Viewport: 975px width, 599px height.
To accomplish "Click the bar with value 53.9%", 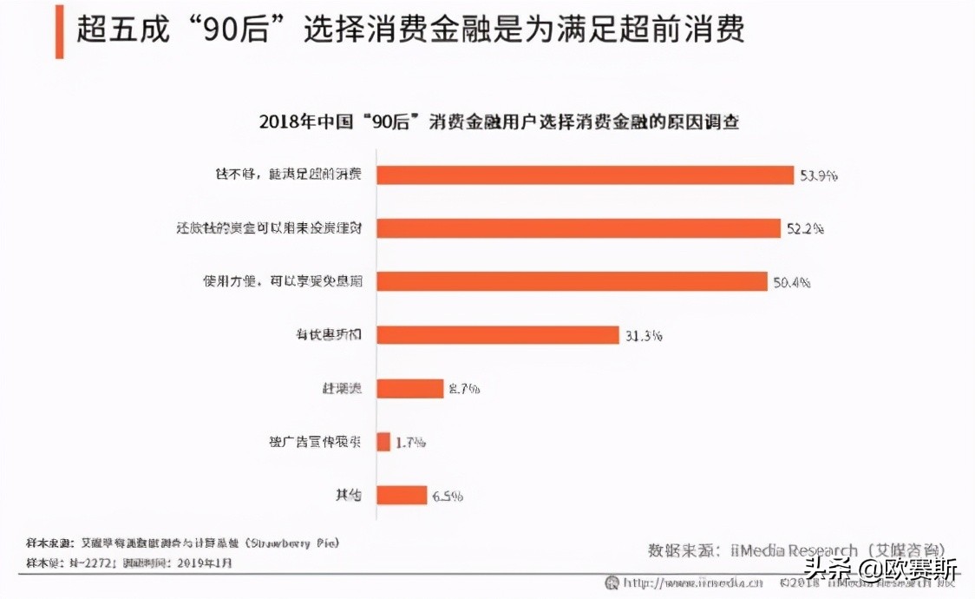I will [586, 174].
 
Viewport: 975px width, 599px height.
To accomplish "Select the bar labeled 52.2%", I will [579, 228].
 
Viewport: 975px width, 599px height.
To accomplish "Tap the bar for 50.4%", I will [573, 281].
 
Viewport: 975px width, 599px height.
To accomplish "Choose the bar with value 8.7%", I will [410, 388].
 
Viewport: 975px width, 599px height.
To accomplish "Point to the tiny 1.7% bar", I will [383, 442].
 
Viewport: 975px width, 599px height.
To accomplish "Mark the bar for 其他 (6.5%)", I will [402, 495].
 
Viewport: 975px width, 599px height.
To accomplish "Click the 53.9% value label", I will [819, 175].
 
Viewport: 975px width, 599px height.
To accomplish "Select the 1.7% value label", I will [410, 443].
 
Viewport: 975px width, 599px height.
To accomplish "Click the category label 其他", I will [349, 496].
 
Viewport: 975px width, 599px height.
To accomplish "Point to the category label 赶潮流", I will [341, 388].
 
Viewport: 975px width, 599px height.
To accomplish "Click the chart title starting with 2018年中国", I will [499, 122].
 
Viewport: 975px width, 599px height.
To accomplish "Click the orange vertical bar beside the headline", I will [60, 31].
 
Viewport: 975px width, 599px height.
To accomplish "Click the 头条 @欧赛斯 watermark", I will [880, 572].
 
